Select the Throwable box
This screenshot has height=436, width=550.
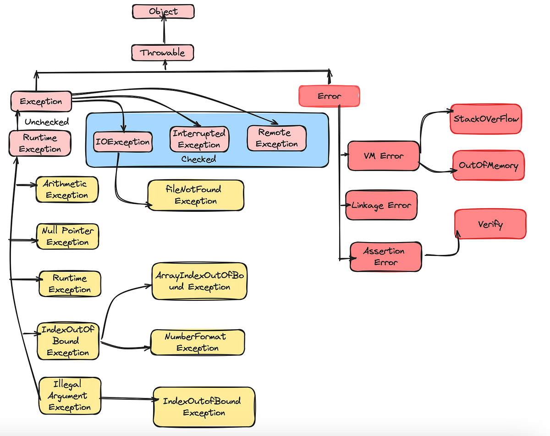162,53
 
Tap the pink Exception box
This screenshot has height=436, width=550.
41,101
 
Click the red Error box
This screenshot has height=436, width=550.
329,96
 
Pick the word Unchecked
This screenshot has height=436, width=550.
47,122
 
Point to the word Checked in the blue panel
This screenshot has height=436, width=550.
198,160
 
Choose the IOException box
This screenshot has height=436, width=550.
122,142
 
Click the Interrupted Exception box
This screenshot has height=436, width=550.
199,138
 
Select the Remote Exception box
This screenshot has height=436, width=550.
276,138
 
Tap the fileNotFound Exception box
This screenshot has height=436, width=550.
196,195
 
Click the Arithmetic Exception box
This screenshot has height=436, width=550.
67,189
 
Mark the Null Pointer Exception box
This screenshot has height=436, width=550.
67,236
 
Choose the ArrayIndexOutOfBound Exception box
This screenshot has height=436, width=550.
199,281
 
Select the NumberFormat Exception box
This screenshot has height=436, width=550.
198,342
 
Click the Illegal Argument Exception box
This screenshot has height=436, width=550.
69,395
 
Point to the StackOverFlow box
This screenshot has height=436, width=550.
486,119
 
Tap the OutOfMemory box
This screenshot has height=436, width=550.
489,165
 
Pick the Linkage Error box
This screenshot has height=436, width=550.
381,205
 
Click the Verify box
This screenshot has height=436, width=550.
490,224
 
